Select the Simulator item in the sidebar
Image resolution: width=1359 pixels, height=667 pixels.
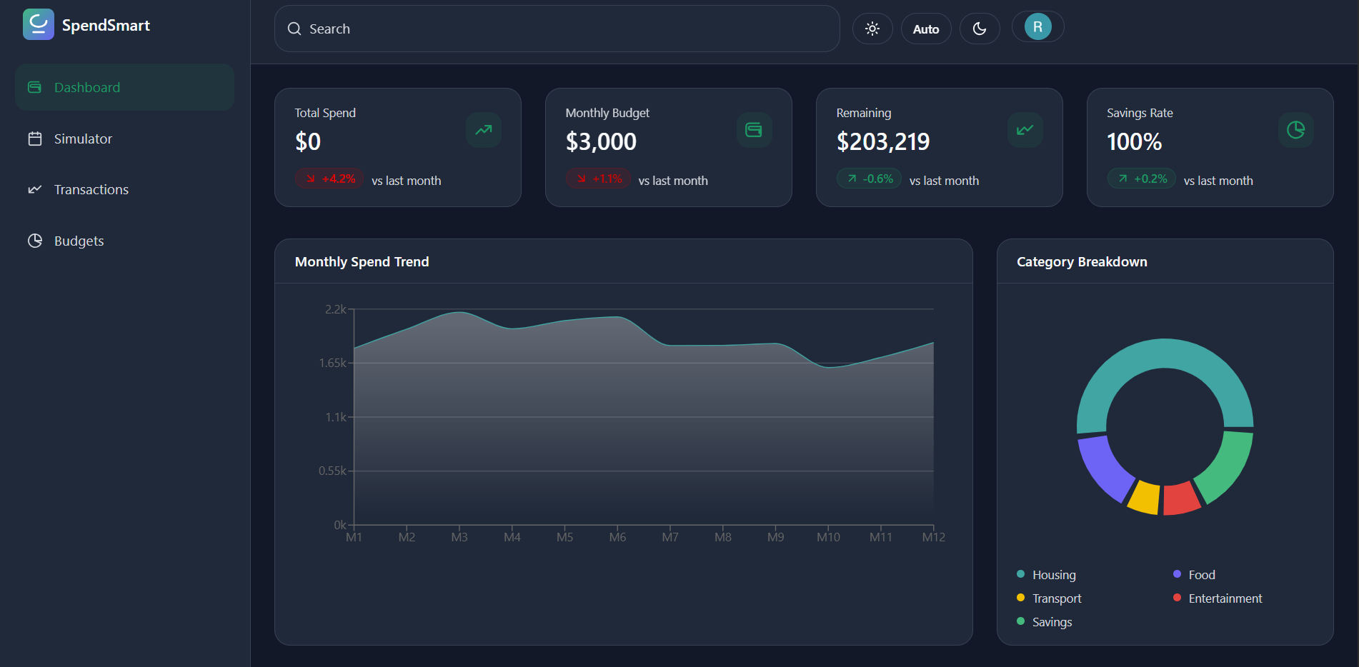point(83,139)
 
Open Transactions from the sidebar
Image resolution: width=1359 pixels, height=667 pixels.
point(91,189)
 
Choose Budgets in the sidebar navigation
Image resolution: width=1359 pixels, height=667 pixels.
point(79,241)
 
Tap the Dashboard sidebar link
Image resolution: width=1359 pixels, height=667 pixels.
point(86,87)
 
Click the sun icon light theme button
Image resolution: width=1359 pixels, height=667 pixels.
point(872,29)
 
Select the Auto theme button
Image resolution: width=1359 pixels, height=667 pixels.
point(925,29)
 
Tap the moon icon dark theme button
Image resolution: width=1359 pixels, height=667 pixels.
point(979,29)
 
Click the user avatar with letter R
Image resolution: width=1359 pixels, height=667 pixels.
point(1037,27)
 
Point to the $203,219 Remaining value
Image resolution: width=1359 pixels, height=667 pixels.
point(882,141)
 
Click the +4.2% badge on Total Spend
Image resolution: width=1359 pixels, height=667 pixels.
point(330,179)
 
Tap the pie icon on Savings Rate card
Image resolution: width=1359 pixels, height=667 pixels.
point(1295,130)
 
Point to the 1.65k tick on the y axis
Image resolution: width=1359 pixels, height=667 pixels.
point(332,363)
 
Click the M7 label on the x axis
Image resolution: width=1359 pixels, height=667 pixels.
point(670,537)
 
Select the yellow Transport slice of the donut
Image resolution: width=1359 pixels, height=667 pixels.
point(1144,497)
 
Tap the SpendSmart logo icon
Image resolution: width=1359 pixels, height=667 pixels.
point(39,25)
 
